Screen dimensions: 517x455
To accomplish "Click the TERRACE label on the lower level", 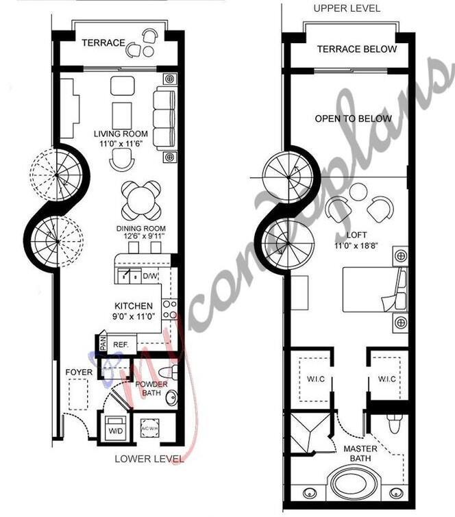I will (x=103, y=43).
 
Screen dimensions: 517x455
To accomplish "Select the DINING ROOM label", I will (x=141, y=229).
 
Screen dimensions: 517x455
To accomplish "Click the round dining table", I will (x=141, y=199).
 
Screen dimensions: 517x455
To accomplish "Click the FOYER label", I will (x=79, y=372).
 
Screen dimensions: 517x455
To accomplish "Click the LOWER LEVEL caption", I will (x=149, y=458).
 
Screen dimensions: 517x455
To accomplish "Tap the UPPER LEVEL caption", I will (x=347, y=8).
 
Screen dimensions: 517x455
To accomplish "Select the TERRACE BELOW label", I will (x=356, y=49).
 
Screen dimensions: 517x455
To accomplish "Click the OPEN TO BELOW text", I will (x=354, y=118).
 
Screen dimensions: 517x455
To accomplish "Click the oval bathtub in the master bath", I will (x=351, y=483).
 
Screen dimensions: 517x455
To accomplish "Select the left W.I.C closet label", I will (x=317, y=379).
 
